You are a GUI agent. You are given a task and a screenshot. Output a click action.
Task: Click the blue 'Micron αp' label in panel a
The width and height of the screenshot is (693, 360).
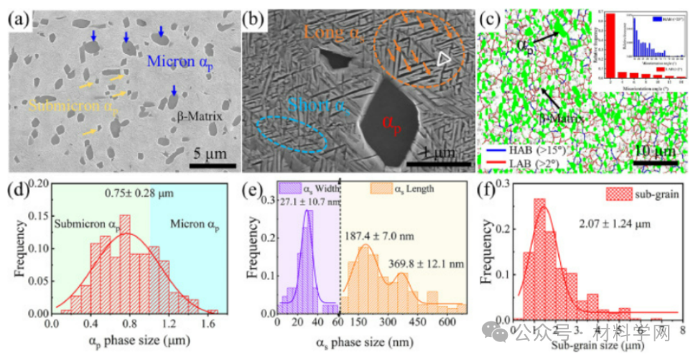tap(186, 63)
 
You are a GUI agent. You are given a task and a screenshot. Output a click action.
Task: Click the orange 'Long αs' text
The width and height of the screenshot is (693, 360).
tap(333, 31)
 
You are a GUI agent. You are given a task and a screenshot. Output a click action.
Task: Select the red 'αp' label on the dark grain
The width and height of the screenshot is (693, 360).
tap(390, 122)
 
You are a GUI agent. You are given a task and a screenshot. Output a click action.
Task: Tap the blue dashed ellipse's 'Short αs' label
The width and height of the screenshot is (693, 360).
tap(320, 105)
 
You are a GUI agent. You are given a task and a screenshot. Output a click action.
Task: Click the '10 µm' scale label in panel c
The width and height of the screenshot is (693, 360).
tap(655, 152)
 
